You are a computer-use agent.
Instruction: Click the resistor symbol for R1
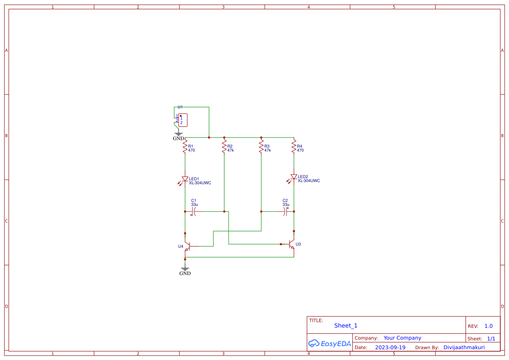coord(185,146)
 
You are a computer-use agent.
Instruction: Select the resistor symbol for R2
coord(224,146)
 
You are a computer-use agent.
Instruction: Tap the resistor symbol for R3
coord(261,146)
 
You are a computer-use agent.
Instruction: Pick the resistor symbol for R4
coord(294,146)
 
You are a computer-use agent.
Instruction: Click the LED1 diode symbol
coord(185,179)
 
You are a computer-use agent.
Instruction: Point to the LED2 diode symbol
coord(293,177)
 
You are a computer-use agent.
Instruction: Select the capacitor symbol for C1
coord(194,212)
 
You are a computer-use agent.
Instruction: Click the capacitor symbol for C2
coord(286,212)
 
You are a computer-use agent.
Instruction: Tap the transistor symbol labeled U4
coord(187,246)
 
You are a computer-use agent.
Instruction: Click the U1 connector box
coord(183,120)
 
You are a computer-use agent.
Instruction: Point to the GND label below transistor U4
coord(185,273)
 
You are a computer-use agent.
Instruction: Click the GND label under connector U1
coord(179,138)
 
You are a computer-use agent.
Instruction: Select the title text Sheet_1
coord(346,326)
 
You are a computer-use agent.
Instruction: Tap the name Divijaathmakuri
coord(464,347)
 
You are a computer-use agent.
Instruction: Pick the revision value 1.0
coord(489,326)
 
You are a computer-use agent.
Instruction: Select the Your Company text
coord(402,338)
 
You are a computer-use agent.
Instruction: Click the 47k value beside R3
coord(267,150)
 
